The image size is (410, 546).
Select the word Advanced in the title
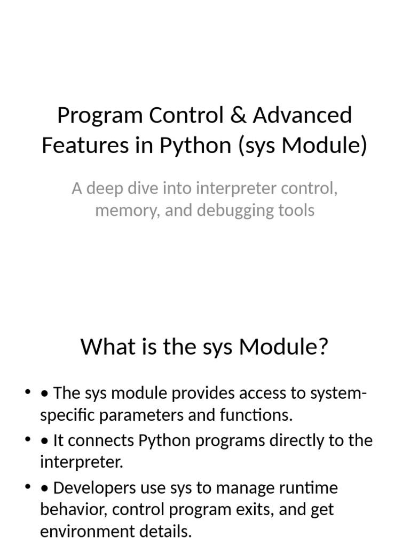[x=303, y=115]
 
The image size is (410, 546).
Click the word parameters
[x=127, y=415]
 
